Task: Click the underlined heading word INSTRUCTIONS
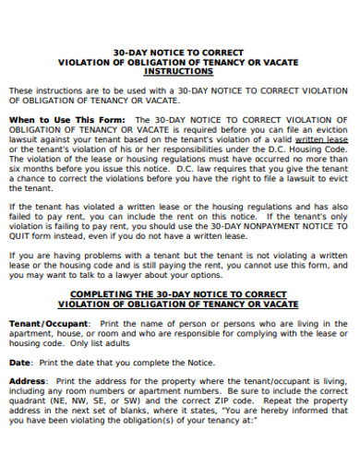point(179,70)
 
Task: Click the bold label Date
point(19,363)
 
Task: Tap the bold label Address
point(28,380)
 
